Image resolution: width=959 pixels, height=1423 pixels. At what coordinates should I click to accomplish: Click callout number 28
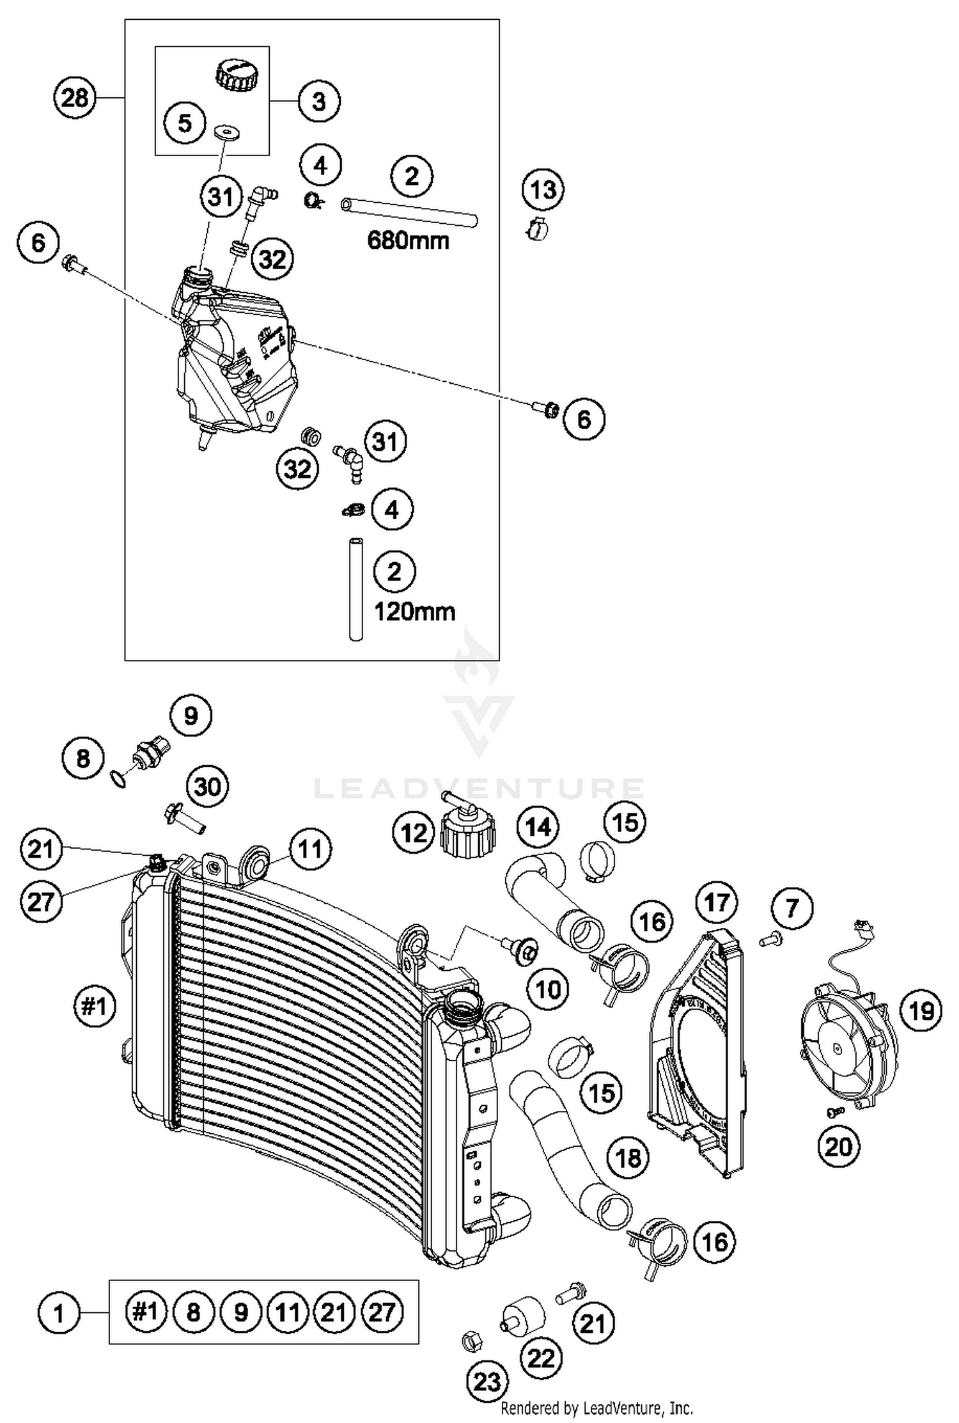pos(74,98)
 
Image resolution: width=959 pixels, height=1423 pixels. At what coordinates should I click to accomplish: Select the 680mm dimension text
pos(408,241)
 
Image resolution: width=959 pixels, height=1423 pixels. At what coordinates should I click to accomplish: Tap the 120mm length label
pos(414,612)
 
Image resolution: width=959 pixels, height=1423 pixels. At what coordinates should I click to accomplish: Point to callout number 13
pos(543,190)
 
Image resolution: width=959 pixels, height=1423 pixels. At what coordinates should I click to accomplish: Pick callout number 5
pos(185,123)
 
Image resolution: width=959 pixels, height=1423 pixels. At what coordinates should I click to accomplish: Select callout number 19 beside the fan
pos(921,1011)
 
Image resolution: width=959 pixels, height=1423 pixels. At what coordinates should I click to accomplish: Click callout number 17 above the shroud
pos(717,902)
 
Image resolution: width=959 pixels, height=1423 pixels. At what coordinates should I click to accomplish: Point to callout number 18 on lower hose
pos(628,1157)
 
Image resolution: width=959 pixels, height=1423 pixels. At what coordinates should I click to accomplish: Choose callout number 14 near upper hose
pos(538,827)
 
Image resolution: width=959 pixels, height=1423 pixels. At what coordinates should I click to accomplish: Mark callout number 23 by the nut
pos(487,1383)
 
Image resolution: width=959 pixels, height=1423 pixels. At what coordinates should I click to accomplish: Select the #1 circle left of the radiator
pos(94,1007)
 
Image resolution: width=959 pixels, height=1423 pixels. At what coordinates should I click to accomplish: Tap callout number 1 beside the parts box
pos(58,1314)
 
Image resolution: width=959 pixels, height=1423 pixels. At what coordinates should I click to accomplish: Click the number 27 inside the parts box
pos(382,1312)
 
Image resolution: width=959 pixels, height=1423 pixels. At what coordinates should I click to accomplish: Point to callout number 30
pos(207,787)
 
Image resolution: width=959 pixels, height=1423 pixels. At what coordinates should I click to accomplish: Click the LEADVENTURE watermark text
pos(479,789)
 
